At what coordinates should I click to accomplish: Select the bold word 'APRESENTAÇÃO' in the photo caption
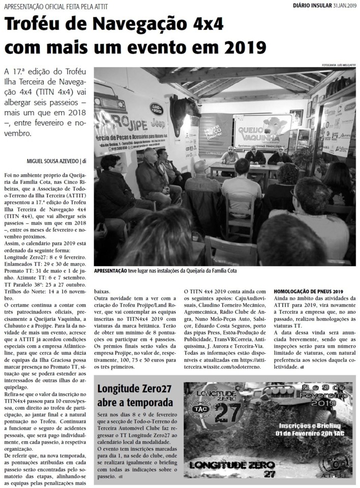coord(111,270)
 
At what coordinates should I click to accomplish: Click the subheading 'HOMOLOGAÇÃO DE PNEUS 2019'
coord(309,291)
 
